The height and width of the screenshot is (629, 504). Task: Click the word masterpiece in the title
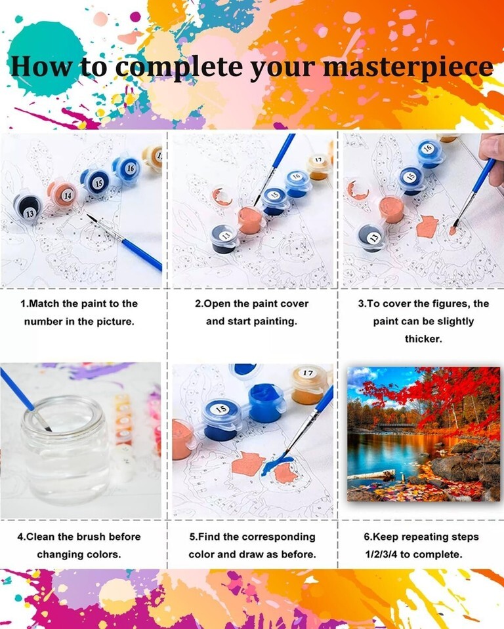point(408,67)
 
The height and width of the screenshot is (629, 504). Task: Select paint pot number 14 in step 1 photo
point(62,193)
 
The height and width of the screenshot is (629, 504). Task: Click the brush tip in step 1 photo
point(89,217)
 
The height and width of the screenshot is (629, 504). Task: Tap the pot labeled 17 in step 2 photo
point(319,166)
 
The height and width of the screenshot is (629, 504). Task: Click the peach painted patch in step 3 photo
point(427,227)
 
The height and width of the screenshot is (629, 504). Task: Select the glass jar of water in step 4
point(66,449)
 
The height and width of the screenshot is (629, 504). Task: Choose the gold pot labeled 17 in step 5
point(308,384)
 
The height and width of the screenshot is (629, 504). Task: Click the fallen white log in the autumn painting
point(371,476)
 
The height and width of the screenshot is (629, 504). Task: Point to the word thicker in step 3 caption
point(423,339)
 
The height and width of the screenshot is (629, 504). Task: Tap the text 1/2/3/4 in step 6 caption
point(381,554)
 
